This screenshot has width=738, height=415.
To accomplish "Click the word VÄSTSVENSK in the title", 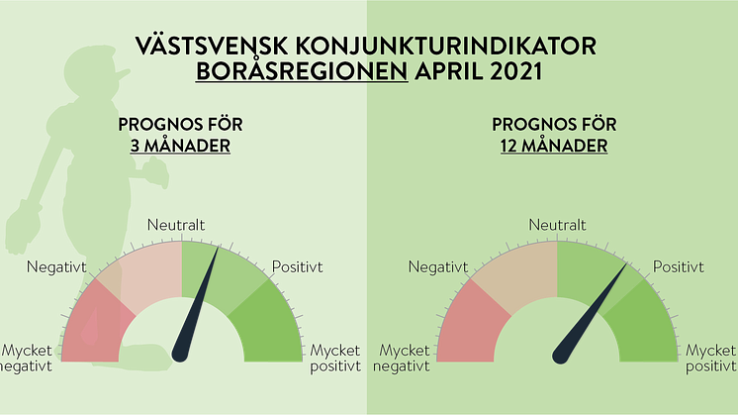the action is [212, 47].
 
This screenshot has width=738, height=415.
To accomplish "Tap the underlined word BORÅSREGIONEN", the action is [302, 71].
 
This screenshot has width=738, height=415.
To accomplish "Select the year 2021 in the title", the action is [516, 71].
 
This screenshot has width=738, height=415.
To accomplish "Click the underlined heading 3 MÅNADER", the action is [180, 146].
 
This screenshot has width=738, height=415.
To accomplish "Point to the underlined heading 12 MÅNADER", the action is [554, 146].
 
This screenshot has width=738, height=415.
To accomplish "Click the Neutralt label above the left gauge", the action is [176, 225].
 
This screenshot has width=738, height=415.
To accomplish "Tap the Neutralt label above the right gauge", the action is [557, 225].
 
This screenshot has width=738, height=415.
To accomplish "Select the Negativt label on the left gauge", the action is [56, 267].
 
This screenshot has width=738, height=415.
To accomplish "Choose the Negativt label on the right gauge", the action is [437, 267].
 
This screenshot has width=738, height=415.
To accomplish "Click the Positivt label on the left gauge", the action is [298, 267].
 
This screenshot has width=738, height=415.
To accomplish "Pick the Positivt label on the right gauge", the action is [679, 267].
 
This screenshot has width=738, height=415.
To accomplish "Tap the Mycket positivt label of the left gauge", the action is [335, 358].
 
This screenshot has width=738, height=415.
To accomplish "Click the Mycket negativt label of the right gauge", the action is [402, 358].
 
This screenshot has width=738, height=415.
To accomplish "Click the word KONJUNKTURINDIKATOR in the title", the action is [446, 47].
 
